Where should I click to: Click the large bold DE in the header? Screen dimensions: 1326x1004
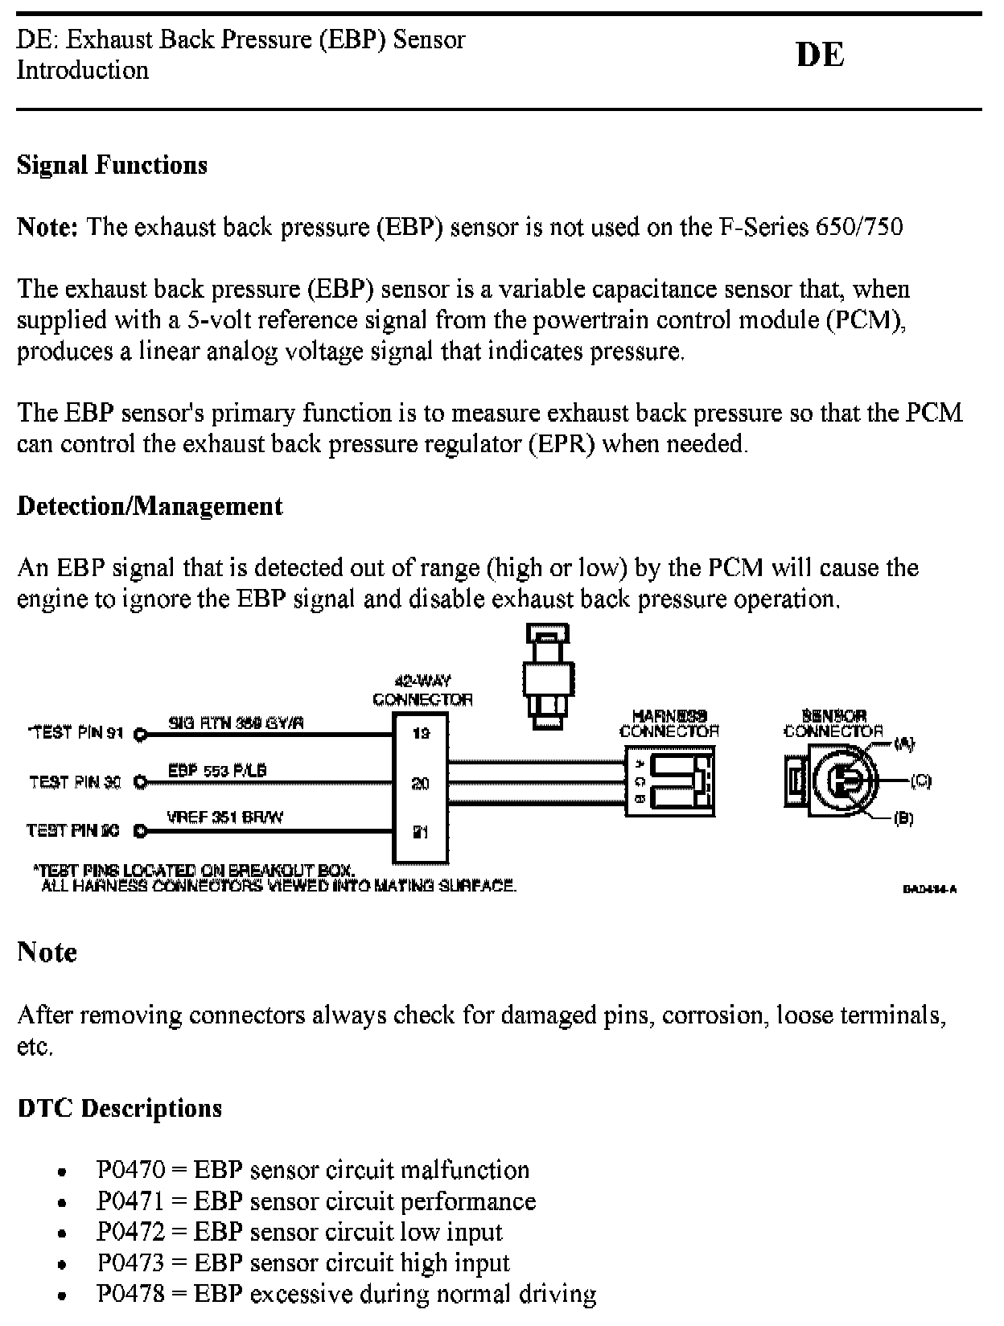[820, 55]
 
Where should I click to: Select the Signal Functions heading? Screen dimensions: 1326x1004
[112, 165]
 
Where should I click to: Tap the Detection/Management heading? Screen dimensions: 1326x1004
[150, 506]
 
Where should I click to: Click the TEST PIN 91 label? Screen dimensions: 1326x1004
[77, 733]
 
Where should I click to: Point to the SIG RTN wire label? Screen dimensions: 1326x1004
[236, 723]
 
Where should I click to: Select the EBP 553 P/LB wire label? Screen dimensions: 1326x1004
[217, 770]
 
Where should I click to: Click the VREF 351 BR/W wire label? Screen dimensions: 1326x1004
[224, 817]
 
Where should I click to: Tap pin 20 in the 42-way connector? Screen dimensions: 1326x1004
[421, 783]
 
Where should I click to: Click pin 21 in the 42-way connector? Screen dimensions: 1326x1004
[421, 832]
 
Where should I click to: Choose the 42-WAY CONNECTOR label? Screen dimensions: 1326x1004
[422, 691]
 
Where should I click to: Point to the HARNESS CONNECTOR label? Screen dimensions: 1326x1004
[669, 723]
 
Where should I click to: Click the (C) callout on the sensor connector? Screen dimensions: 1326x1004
[920, 780]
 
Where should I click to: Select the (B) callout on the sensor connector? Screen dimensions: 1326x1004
[903, 818]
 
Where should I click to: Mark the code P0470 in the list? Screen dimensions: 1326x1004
[130, 1170]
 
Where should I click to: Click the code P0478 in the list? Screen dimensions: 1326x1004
[130, 1295]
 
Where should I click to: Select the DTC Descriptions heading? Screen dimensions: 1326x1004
[119, 1108]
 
